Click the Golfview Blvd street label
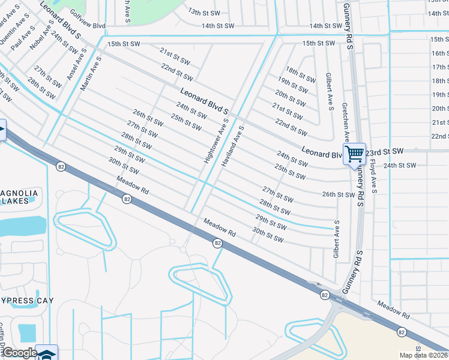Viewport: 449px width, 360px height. click(87, 26)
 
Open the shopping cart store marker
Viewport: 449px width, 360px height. click(354, 154)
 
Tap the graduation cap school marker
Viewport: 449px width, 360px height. click(47, 354)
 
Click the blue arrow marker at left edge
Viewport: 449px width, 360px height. click(2, 130)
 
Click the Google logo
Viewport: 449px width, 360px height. click(20, 353)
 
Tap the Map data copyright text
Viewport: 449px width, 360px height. click(424, 355)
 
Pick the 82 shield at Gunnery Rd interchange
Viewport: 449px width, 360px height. click(324, 295)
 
